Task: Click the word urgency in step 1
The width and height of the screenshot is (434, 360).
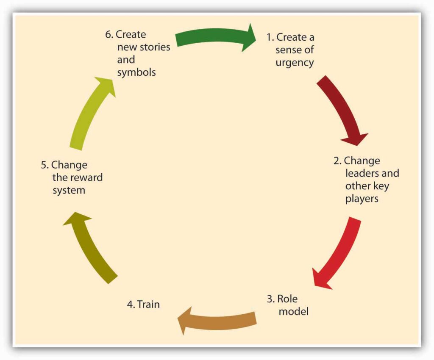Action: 295,63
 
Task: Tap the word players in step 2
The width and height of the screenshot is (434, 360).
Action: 362,199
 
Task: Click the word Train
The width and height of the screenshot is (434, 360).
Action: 148,304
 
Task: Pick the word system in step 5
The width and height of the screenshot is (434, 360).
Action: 69,190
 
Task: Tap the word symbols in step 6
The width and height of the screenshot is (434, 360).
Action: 136,72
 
